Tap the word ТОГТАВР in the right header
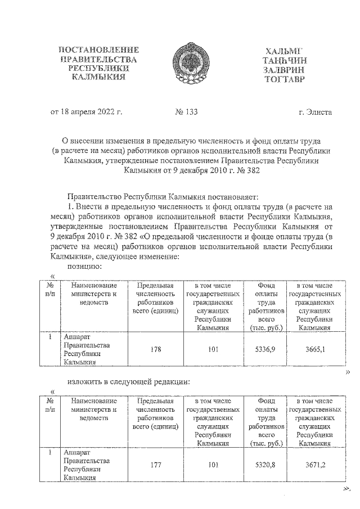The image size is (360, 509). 284,79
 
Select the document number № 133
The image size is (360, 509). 187,112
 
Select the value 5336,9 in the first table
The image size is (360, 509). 265,349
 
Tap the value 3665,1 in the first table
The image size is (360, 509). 314,349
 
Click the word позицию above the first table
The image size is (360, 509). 83,266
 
